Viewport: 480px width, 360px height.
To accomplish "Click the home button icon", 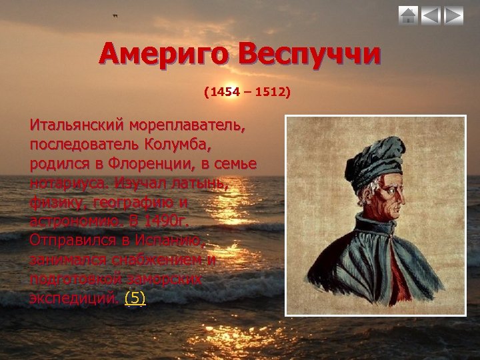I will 409,15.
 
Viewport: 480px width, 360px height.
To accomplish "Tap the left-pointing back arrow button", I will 431,15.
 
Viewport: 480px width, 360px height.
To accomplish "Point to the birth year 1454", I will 224,91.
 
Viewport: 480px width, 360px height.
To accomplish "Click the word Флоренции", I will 164,163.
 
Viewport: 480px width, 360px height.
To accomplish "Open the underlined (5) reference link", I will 135,298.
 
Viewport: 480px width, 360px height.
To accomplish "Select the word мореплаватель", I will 187,125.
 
